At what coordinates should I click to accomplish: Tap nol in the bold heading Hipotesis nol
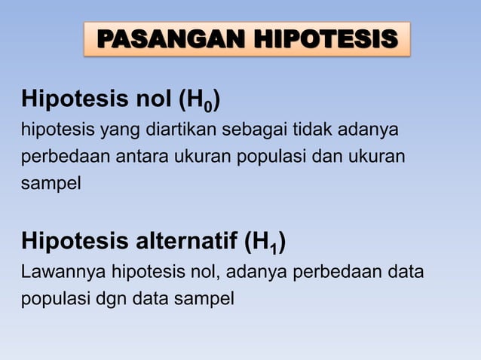click(x=146, y=99)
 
